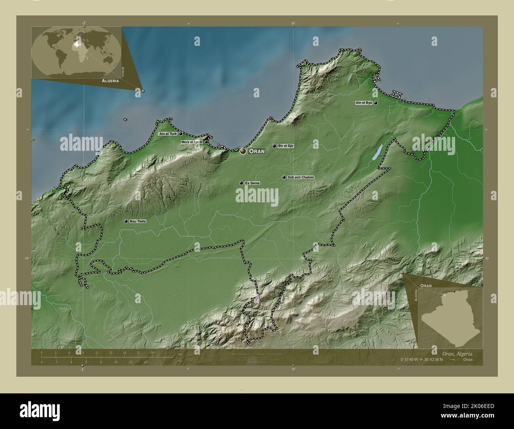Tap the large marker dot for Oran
coord(243,151)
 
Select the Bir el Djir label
coord(286,146)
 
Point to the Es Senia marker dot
coord(241,183)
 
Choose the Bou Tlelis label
coord(138,221)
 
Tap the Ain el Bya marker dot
coord(376,103)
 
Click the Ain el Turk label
coord(168,134)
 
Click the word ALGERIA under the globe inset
coord(110,80)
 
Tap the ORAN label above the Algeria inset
coord(426,285)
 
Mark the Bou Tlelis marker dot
coord(126,221)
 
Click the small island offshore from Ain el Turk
coord(125,119)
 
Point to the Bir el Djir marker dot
coord(274,146)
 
